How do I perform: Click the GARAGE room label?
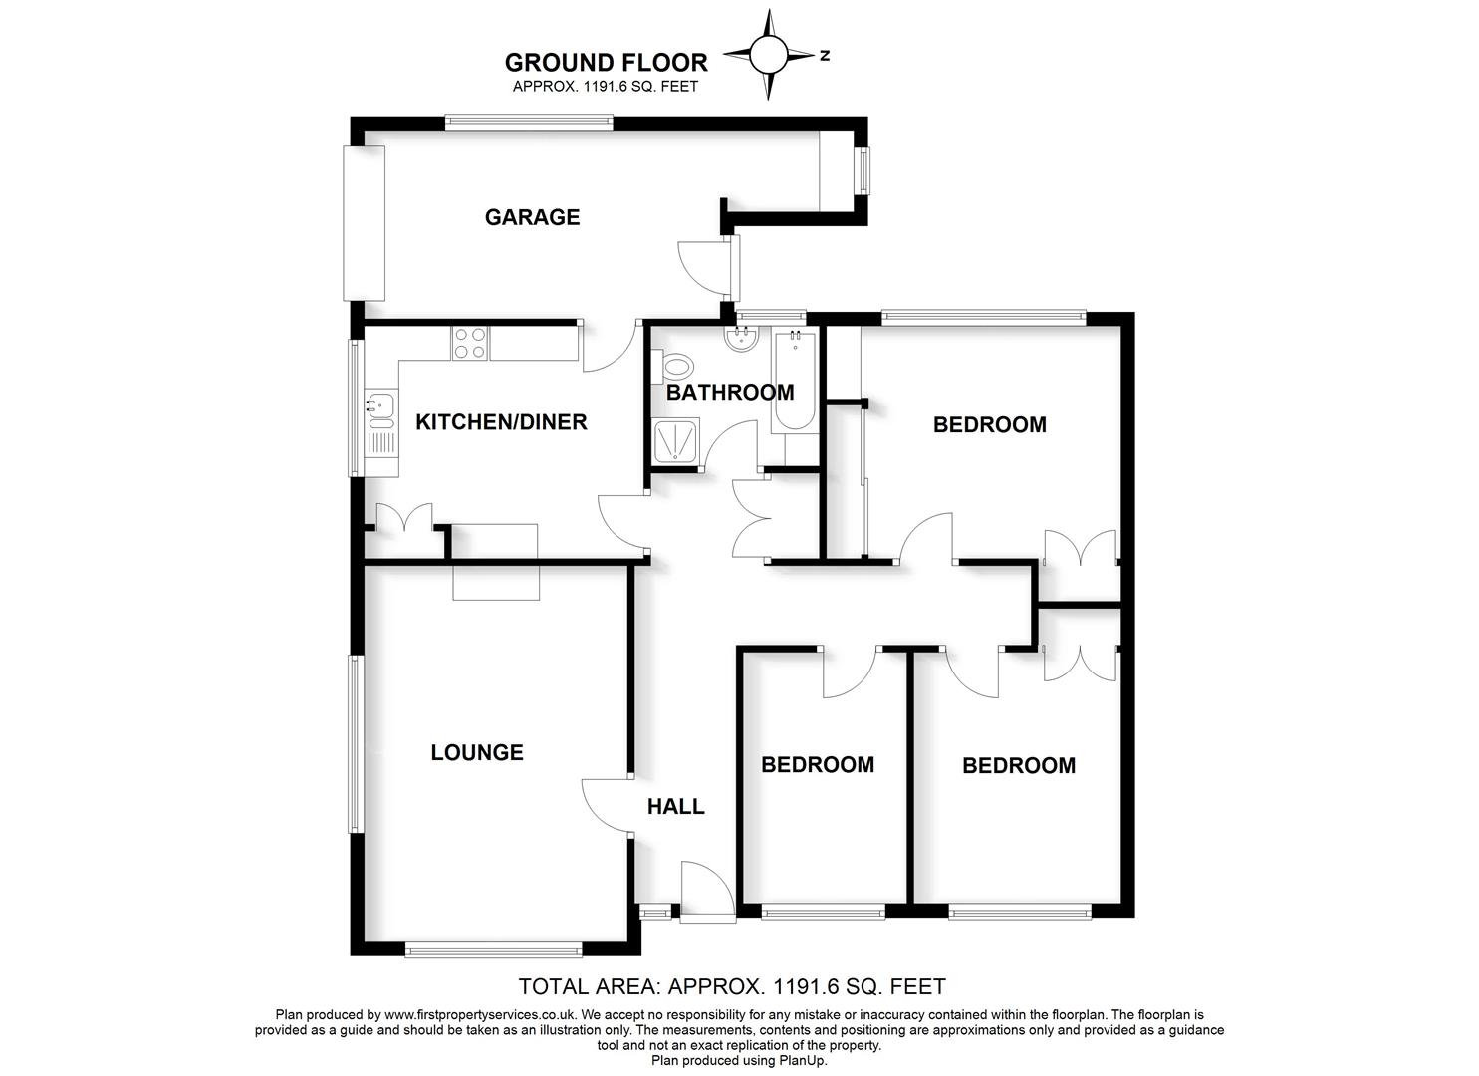click(532, 217)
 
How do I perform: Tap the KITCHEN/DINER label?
click(501, 422)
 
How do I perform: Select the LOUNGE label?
click(477, 753)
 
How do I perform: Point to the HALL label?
click(676, 807)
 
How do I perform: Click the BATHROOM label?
click(730, 393)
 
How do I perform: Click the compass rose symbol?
click(768, 55)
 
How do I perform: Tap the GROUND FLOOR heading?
click(606, 62)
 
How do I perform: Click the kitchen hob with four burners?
click(470, 343)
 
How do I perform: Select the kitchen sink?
click(379, 405)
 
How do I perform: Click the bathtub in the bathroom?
click(794, 380)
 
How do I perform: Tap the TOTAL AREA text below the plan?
click(732, 987)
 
